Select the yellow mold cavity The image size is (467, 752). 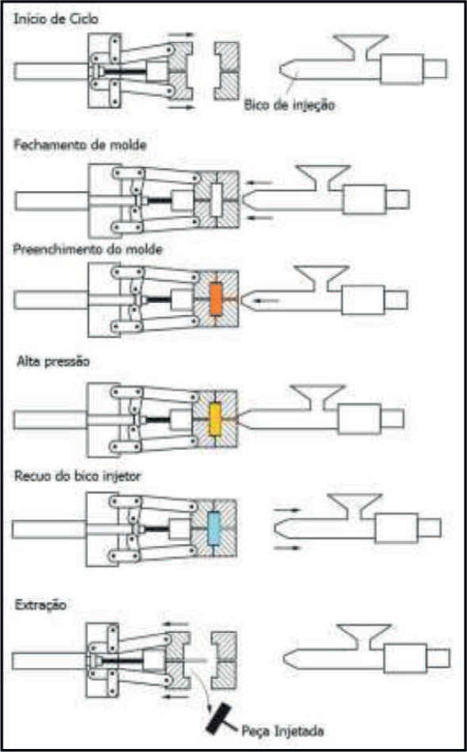pos(213,416)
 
